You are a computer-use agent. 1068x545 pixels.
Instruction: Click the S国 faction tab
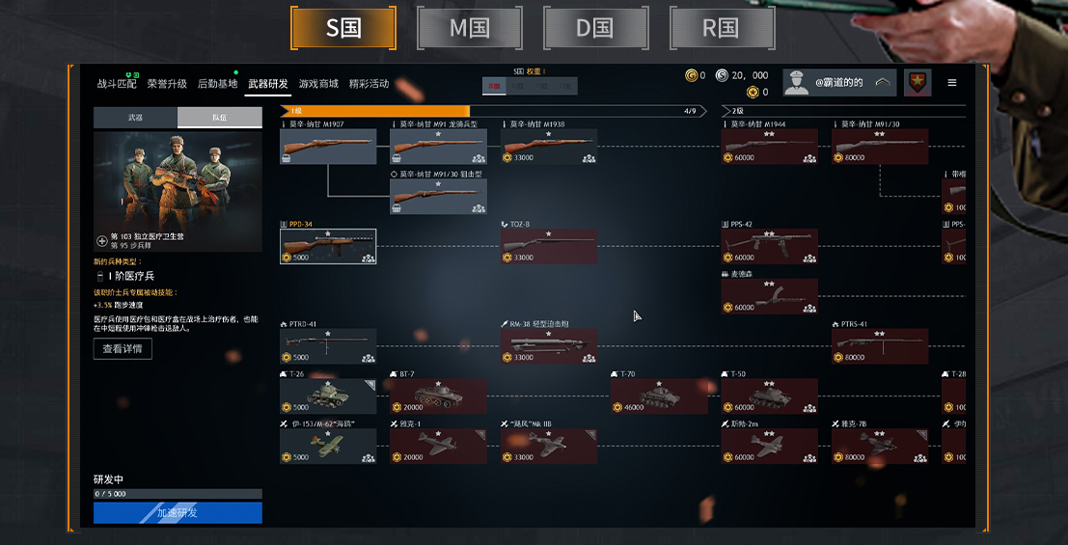click(343, 28)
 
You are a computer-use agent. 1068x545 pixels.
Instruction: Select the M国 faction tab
click(470, 28)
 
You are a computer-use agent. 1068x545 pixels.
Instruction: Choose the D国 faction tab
click(596, 28)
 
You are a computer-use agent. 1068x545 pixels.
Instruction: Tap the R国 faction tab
click(721, 28)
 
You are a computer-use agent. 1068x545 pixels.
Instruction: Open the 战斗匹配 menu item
click(117, 84)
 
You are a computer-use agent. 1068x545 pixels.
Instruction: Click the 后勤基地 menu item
click(217, 84)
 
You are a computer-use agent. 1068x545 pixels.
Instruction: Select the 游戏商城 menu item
click(318, 84)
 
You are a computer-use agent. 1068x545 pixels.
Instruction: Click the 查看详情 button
click(123, 348)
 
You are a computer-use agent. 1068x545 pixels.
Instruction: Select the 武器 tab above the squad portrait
click(135, 118)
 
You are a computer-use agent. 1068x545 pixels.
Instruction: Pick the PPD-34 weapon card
click(328, 246)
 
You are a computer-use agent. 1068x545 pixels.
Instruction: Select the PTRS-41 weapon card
click(880, 345)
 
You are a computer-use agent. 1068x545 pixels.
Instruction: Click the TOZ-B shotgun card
click(548, 246)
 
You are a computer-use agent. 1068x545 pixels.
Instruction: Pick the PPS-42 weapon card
click(769, 246)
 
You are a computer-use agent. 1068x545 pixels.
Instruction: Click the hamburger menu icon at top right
click(952, 83)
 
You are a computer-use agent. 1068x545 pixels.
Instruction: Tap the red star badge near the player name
click(917, 83)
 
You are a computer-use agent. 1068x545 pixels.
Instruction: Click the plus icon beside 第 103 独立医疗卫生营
click(102, 240)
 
